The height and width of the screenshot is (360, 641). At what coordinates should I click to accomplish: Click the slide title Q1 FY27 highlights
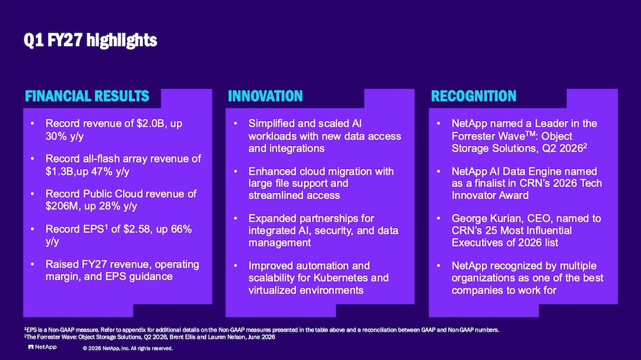(90, 40)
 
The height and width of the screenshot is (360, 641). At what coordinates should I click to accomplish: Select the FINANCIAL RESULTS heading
(87, 96)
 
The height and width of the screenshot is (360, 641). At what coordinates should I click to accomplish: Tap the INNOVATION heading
(265, 96)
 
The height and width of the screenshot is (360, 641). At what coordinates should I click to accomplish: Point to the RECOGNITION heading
(474, 96)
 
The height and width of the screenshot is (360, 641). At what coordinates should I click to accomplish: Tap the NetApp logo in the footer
(42, 347)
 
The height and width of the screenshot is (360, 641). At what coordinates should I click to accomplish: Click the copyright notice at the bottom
(128, 348)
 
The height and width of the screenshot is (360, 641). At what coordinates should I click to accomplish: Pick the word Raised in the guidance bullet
(62, 265)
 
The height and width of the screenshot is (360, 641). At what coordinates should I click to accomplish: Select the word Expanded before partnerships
(272, 218)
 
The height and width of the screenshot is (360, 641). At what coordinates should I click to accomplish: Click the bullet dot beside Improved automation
(235, 266)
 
